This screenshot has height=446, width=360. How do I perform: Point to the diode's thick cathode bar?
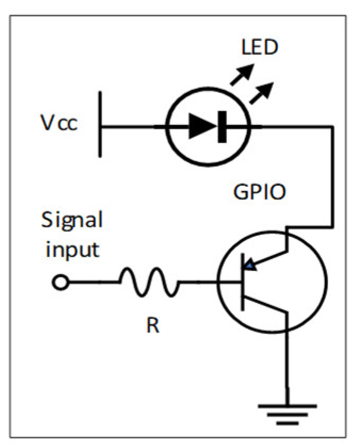[222, 127]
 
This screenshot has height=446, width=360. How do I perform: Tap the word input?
[71, 249]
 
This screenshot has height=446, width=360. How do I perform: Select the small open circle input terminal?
[61, 283]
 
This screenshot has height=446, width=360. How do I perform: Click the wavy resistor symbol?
[149, 282]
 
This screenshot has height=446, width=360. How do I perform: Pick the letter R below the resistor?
[152, 325]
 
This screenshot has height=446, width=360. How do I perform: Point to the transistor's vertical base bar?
[243, 282]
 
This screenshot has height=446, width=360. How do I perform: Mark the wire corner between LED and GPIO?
[332, 127]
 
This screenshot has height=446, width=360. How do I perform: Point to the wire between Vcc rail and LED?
[133, 127]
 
